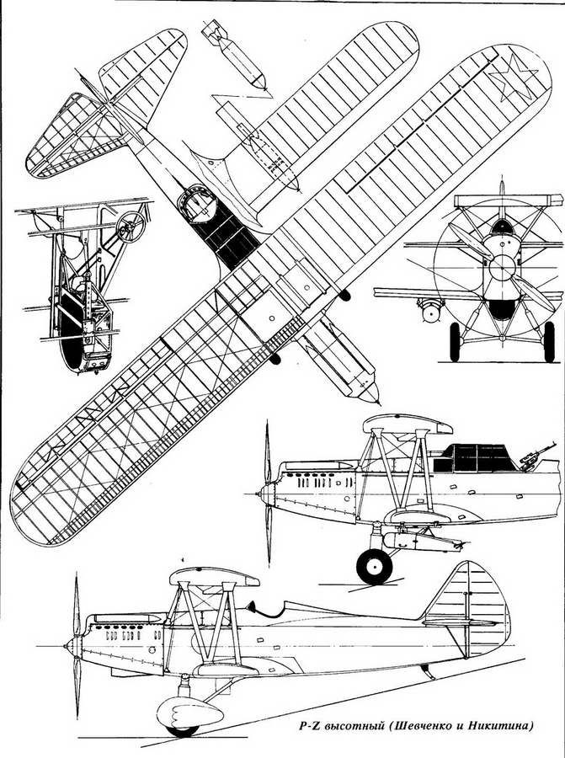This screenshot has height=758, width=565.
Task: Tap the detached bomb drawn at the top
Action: click(235, 55)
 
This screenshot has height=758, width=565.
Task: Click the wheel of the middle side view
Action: click(374, 567)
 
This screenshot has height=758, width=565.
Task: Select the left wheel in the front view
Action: click(455, 342)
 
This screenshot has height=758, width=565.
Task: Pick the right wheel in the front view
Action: click(549, 342)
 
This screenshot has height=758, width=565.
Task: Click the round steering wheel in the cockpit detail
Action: click(131, 227)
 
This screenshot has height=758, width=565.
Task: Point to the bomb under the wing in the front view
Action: click(430, 310)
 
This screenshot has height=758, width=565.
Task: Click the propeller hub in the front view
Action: click(502, 268)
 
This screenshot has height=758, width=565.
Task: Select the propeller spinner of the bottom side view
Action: click(72, 645)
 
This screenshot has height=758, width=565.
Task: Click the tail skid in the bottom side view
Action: click(426, 671)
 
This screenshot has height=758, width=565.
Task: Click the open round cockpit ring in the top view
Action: click(196, 203)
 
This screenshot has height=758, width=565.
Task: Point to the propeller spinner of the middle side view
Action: click(267, 494)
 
